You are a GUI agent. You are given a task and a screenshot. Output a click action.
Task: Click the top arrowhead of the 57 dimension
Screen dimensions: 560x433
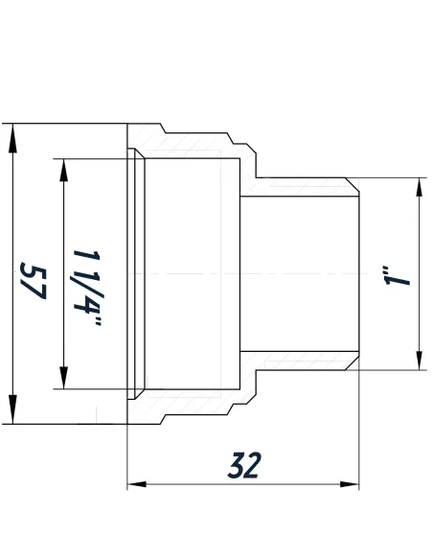(12, 134)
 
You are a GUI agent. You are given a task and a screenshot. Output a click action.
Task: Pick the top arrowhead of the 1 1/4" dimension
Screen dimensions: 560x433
(63, 166)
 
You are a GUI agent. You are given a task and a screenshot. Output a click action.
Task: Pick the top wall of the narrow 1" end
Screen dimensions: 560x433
(297, 186)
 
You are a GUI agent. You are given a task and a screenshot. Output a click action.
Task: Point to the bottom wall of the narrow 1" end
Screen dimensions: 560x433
(297, 361)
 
